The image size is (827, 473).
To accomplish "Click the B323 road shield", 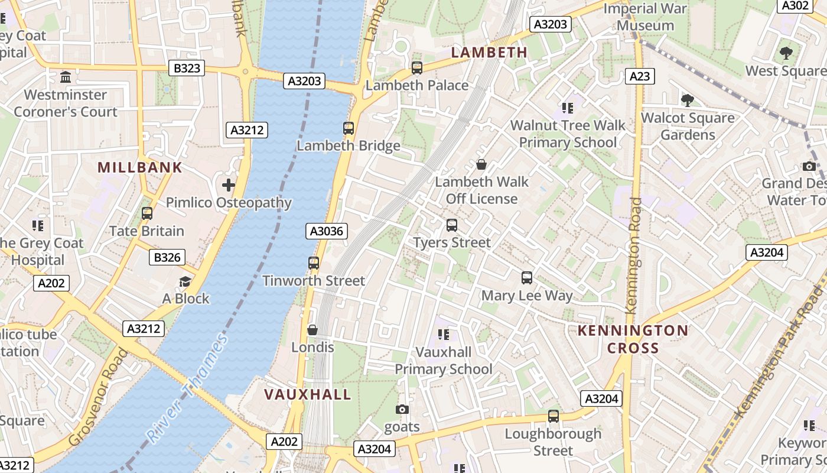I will pos(187,69).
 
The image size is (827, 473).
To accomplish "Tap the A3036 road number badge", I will pos(326,231).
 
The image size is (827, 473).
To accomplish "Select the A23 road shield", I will pos(640,76).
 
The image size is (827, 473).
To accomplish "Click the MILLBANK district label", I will pos(140,167).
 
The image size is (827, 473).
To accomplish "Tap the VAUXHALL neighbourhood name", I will pos(307,394).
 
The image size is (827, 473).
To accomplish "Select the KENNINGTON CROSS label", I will pos(633,339).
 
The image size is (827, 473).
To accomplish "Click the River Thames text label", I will pos(187,388).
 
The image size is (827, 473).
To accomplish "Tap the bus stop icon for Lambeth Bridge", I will pos(349,128).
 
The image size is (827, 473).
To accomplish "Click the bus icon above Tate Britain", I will pos(147,213).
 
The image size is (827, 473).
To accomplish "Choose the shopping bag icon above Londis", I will pos(312,329).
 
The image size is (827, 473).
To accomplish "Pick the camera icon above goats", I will pos(402,409).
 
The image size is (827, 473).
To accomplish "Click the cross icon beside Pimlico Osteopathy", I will pos(229,185).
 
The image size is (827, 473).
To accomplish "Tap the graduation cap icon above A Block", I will pos(185,281).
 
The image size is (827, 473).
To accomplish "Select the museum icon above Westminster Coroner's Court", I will pos(66,77).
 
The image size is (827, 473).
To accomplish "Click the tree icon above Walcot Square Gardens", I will pos(688,100).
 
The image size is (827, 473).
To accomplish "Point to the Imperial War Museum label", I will pos(645,17).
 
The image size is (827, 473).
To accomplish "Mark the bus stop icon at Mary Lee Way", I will pos(527,277).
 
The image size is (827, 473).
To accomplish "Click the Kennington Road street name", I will pos(633,255).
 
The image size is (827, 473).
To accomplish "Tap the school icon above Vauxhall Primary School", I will pos(444,335).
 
